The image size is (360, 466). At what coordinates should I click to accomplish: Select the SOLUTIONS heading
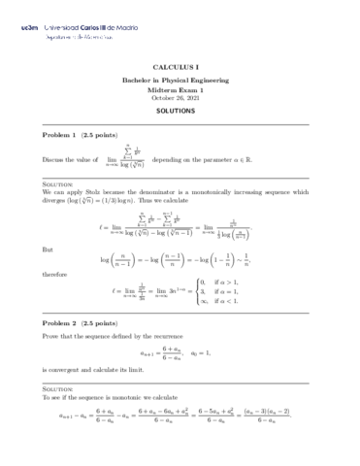click(180, 112)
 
